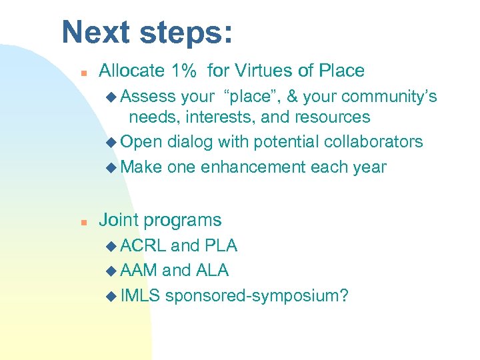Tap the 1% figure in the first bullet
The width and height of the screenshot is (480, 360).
point(184,71)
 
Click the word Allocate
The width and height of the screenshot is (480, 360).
point(132,71)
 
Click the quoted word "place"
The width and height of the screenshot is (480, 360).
point(255,97)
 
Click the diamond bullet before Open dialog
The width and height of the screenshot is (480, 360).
point(111,142)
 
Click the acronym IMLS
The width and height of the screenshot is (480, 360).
point(141,295)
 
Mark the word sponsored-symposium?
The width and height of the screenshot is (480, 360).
point(257,295)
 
